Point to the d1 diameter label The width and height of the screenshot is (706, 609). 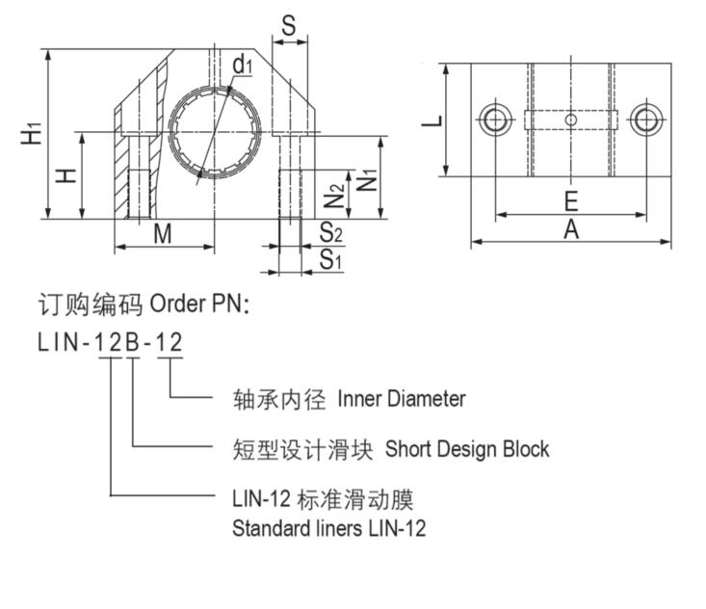click(x=242, y=65)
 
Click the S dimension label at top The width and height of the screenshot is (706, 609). click(x=289, y=26)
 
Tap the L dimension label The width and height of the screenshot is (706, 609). click(x=434, y=121)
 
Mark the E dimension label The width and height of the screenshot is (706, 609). click(x=570, y=200)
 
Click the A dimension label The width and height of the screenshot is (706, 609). click(x=571, y=229)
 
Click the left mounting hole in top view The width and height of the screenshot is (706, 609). click(x=494, y=120)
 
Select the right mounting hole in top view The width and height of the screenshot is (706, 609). click(x=646, y=120)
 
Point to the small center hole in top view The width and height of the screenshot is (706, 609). click(x=570, y=120)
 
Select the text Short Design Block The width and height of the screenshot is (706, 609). click(x=467, y=448)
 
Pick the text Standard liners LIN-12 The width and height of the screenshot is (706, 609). click(x=328, y=528)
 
